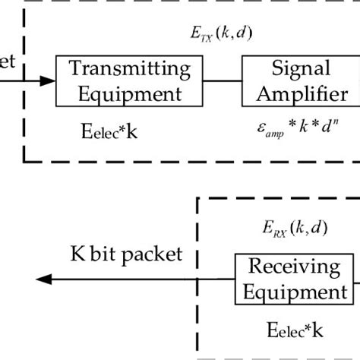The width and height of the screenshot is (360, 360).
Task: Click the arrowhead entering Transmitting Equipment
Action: (x=48, y=80)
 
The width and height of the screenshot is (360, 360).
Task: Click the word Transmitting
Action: (x=130, y=68)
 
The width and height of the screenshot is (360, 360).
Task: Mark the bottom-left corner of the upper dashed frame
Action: (x=25, y=161)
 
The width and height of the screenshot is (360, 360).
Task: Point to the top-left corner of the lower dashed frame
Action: (x=198, y=199)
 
